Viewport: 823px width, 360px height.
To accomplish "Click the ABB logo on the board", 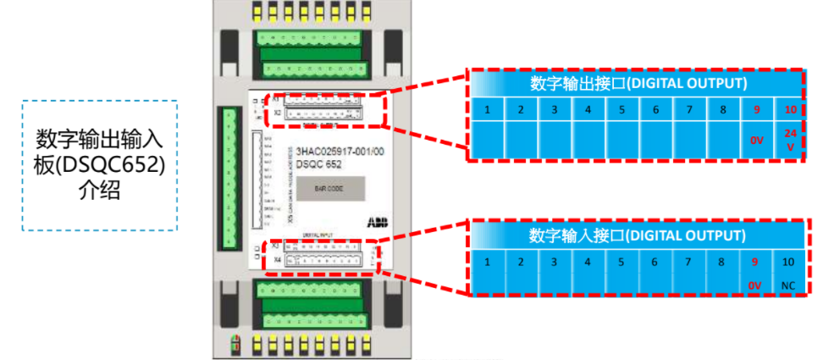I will point(375,221).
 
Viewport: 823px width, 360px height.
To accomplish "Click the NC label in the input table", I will point(788,285).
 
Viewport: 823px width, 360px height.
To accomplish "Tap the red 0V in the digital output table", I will point(756,141).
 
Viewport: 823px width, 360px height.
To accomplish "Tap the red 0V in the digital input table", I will point(755,285).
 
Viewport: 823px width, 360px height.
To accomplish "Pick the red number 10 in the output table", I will point(790,110).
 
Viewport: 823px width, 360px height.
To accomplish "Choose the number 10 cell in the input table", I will point(788,262).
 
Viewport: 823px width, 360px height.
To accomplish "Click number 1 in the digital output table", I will point(488,110).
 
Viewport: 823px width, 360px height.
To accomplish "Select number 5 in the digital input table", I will point(621,262).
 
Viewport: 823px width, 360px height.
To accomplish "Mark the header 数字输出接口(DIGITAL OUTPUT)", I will point(638,83).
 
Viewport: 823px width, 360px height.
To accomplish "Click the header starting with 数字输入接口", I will point(638,235).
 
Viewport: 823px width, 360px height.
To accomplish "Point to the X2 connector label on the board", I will point(277,112).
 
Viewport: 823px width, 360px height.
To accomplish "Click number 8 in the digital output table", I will point(722,110).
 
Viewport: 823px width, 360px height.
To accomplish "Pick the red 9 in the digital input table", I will point(755,262).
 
